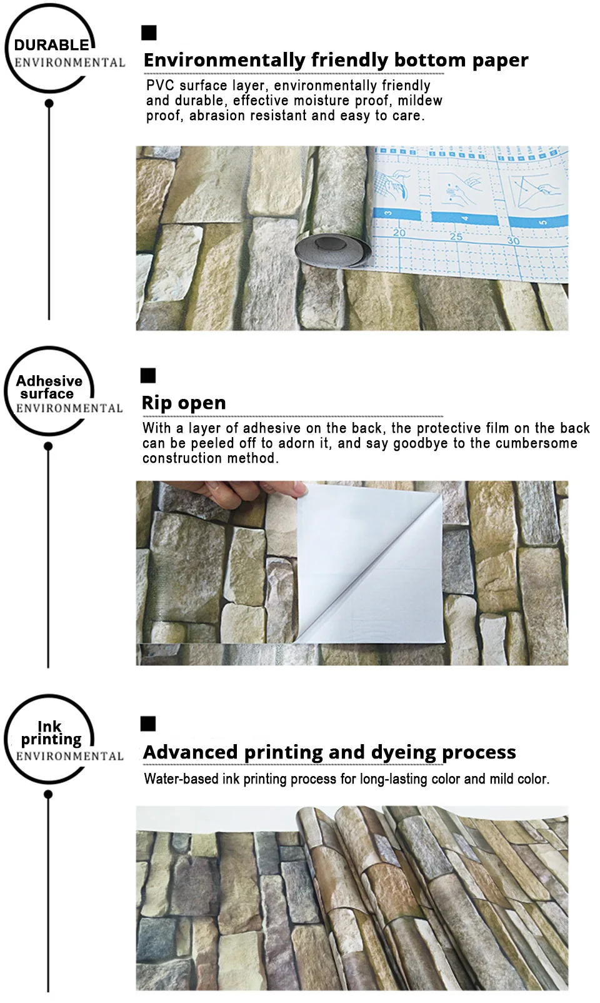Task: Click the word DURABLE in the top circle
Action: tap(51, 45)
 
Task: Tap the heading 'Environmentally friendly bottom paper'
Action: tap(336, 60)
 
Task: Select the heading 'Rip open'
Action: tap(184, 403)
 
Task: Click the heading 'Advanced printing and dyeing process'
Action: tap(329, 752)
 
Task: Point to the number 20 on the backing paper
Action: tap(399, 233)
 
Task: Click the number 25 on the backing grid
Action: tap(456, 236)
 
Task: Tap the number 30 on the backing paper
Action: tap(512, 241)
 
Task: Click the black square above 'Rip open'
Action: tap(148, 376)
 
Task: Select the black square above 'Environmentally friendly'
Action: tap(149, 33)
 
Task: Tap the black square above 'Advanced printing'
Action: tap(148, 723)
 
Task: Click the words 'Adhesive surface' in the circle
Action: tap(49, 387)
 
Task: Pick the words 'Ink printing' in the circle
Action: tap(51, 733)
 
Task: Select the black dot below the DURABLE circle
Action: tap(49, 103)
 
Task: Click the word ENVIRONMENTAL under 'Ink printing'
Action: tap(70, 756)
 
